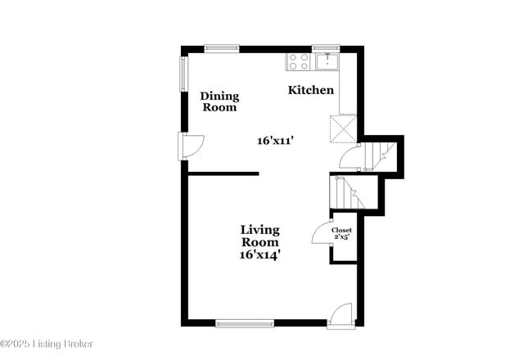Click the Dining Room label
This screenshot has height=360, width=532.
coord(219,101)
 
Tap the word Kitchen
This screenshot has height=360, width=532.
coord(310,90)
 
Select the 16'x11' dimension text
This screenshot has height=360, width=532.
coord(275,141)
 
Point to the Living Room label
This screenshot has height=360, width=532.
coord(259,236)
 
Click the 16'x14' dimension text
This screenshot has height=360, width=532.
coord(259,255)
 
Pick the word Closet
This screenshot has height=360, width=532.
coord(341,231)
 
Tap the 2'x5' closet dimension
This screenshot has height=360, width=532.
coord(341,239)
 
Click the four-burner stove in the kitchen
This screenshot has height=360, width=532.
coord(298,61)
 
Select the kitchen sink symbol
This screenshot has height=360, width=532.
coord(327,61)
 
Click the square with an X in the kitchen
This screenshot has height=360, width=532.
coord(341,128)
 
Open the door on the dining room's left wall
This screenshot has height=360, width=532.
coord(192,146)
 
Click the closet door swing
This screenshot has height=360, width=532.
coord(320,233)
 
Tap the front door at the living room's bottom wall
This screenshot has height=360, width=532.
coord(340,315)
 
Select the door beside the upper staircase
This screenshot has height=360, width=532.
coord(349,155)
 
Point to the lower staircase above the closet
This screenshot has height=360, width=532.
coord(343,193)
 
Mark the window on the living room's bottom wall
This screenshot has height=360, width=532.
coord(245,323)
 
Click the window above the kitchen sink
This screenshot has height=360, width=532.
coord(325,47)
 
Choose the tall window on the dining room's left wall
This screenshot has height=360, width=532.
coord(183,74)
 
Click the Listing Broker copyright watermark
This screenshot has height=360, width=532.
coord(47,344)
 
